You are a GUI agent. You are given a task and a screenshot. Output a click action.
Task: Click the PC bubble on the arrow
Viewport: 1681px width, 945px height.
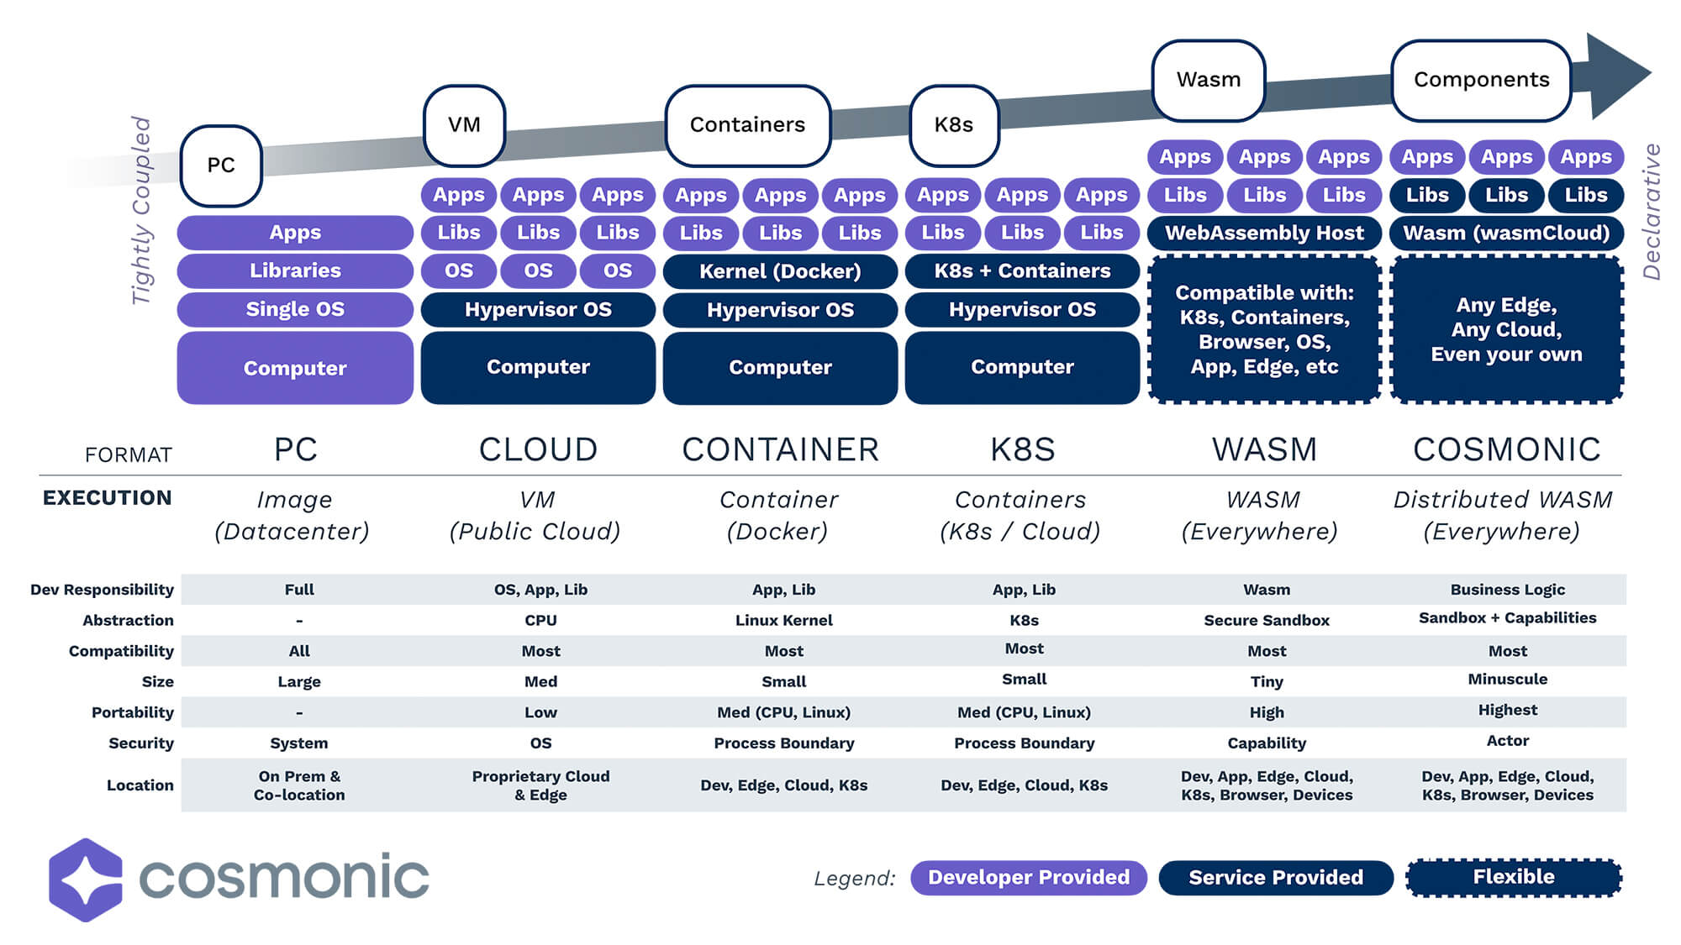pyautogui.click(x=221, y=165)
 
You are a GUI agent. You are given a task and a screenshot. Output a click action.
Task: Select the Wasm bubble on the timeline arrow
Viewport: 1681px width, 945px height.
pyautogui.click(x=1208, y=80)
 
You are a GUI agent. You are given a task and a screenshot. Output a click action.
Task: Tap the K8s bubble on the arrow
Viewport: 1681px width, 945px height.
pyautogui.click(x=954, y=125)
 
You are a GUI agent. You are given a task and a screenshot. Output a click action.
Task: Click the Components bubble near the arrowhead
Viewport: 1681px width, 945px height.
pyautogui.click(x=1481, y=80)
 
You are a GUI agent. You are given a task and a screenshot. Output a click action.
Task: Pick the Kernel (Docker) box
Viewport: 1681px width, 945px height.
pyautogui.click(x=780, y=271)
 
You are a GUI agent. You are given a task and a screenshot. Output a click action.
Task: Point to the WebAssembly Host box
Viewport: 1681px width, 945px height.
pyautogui.click(x=1264, y=233)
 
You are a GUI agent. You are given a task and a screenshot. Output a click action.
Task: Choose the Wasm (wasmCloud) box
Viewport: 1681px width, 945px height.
pyautogui.click(x=1506, y=233)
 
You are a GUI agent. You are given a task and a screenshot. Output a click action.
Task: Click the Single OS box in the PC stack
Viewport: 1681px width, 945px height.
pyautogui.click(x=295, y=309)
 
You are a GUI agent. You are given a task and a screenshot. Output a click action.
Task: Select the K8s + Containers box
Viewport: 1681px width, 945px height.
pyautogui.click(x=1022, y=271)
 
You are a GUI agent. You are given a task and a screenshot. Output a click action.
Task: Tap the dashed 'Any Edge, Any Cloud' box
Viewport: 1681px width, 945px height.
pyautogui.click(x=1506, y=329)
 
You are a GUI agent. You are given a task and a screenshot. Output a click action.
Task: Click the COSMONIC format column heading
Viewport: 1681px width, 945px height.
pyautogui.click(x=1506, y=450)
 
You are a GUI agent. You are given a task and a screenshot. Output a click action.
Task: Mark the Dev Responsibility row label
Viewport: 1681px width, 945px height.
pyautogui.click(x=102, y=590)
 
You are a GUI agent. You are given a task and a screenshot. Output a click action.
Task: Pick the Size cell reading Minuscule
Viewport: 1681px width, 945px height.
pyautogui.click(x=1507, y=680)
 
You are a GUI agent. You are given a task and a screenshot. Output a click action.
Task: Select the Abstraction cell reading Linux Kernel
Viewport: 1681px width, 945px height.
pyautogui.click(x=783, y=621)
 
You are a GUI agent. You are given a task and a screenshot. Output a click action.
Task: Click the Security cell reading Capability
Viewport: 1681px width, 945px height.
pyautogui.click(x=1267, y=743)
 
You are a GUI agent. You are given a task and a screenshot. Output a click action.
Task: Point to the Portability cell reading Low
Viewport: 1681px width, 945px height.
pyautogui.click(x=540, y=713)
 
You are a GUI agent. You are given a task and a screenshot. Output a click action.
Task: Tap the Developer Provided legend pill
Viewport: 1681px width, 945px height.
pyautogui.click(x=1028, y=878)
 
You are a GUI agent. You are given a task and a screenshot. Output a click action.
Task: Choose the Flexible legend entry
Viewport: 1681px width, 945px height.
pyautogui.click(x=1513, y=878)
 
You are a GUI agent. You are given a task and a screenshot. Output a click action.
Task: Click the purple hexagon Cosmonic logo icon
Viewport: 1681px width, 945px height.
pyautogui.click(x=85, y=879)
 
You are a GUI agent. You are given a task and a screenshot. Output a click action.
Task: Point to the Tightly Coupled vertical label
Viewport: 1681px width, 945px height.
pyautogui.click(x=141, y=210)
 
